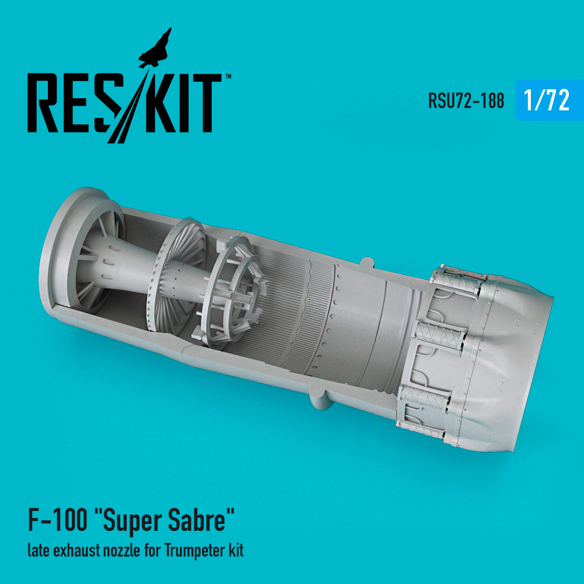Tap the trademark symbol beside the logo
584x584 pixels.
point(228,77)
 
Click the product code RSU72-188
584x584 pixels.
point(466,100)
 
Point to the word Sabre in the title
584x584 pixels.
point(197,521)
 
